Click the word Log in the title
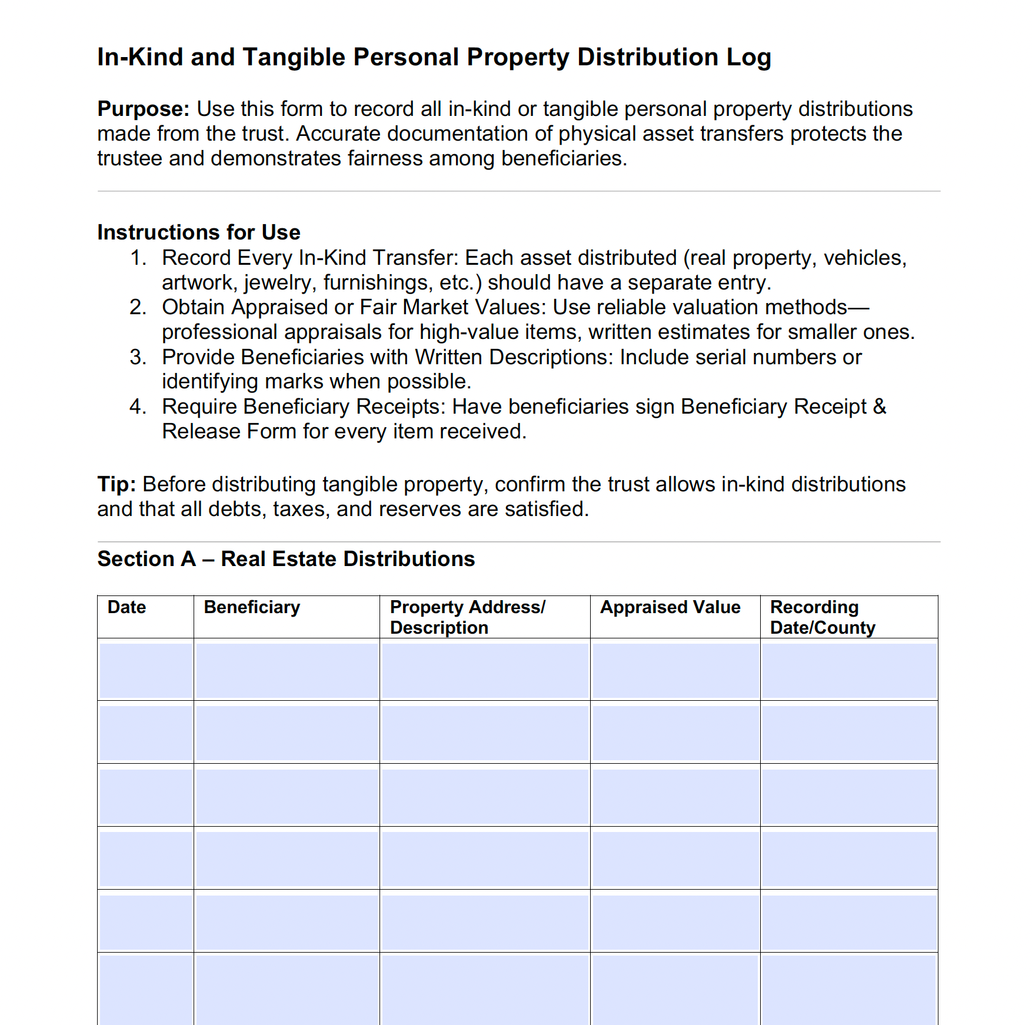coord(748,58)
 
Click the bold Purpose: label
coord(143,109)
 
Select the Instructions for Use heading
coord(198,232)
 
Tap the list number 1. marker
coord(138,258)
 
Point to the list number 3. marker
coord(138,357)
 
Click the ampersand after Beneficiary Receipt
coord(879,407)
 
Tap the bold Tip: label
coord(116,484)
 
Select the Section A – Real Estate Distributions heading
coord(286,559)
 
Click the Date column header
coord(126,607)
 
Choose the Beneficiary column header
coord(252,607)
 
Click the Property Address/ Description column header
coord(467,617)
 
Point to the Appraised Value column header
coord(670,607)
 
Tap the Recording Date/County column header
coord(822,617)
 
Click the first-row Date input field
coord(145,671)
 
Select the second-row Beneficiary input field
coord(287,733)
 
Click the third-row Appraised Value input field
coord(675,796)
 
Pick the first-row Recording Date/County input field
coord(848,671)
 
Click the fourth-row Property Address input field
coord(484,859)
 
